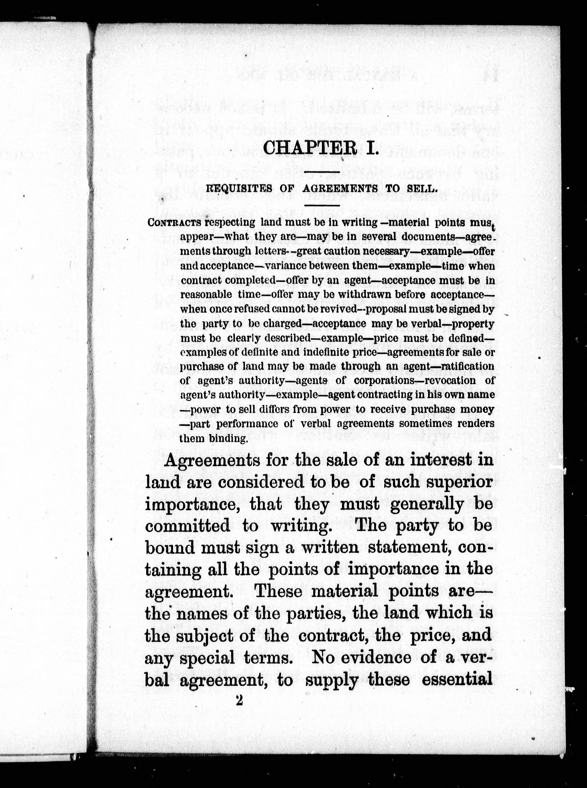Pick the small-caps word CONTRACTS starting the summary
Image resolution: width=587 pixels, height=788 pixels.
(x=174, y=223)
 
